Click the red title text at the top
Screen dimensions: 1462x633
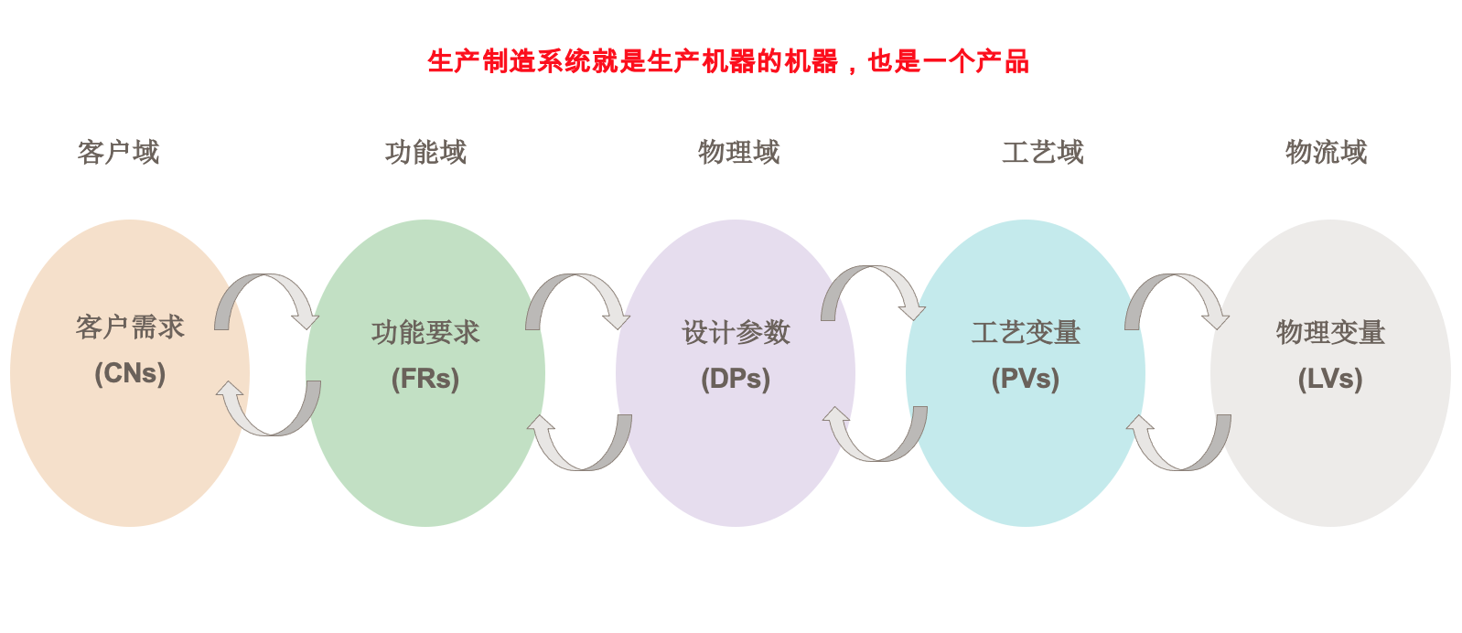728,62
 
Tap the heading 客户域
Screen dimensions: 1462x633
118,152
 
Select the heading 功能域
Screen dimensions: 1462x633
425,152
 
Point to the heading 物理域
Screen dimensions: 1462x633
739,152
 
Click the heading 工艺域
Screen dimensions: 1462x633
1043,152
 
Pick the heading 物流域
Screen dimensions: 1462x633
1326,152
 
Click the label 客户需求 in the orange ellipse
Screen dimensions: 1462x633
130,327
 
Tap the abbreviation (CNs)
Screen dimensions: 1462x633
130,374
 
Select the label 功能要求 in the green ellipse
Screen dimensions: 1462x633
425,332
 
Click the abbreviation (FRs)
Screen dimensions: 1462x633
425,379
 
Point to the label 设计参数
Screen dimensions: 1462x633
736,332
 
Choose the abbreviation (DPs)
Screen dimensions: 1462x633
736,379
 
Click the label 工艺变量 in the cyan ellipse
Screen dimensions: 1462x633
1026,332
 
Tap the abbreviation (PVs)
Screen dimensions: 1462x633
1026,379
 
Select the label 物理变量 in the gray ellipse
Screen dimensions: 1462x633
1331,332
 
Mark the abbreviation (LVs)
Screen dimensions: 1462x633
1331,379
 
